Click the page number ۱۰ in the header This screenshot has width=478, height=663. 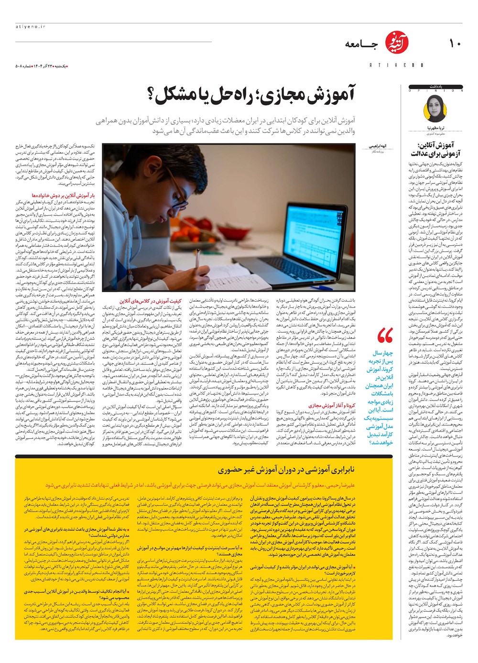pyautogui.click(x=454, y=43)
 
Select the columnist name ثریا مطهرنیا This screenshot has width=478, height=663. pyautogui.click(x=435, y=129)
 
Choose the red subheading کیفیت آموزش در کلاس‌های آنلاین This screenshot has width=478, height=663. pyautogui.click(x=150, y=301)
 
